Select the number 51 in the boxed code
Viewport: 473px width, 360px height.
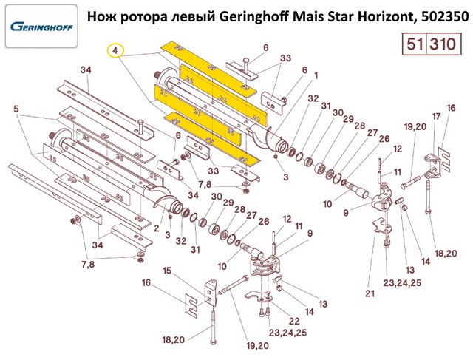pyautogui.click(x=412, y=44)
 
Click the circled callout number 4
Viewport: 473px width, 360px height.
pyautogui.click(x=115, y=51)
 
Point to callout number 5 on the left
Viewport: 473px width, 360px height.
pyautogui.click(x=16, y=110)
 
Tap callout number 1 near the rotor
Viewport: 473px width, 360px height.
pyautogui.click(x=316, y=75)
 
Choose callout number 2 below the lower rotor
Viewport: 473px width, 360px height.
pyautogui.click(x=157, y=228)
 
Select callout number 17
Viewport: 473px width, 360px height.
pyautogui.click(x=437, y=117)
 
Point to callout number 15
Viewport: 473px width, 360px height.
pyautogui.click(x=167, y=271)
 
